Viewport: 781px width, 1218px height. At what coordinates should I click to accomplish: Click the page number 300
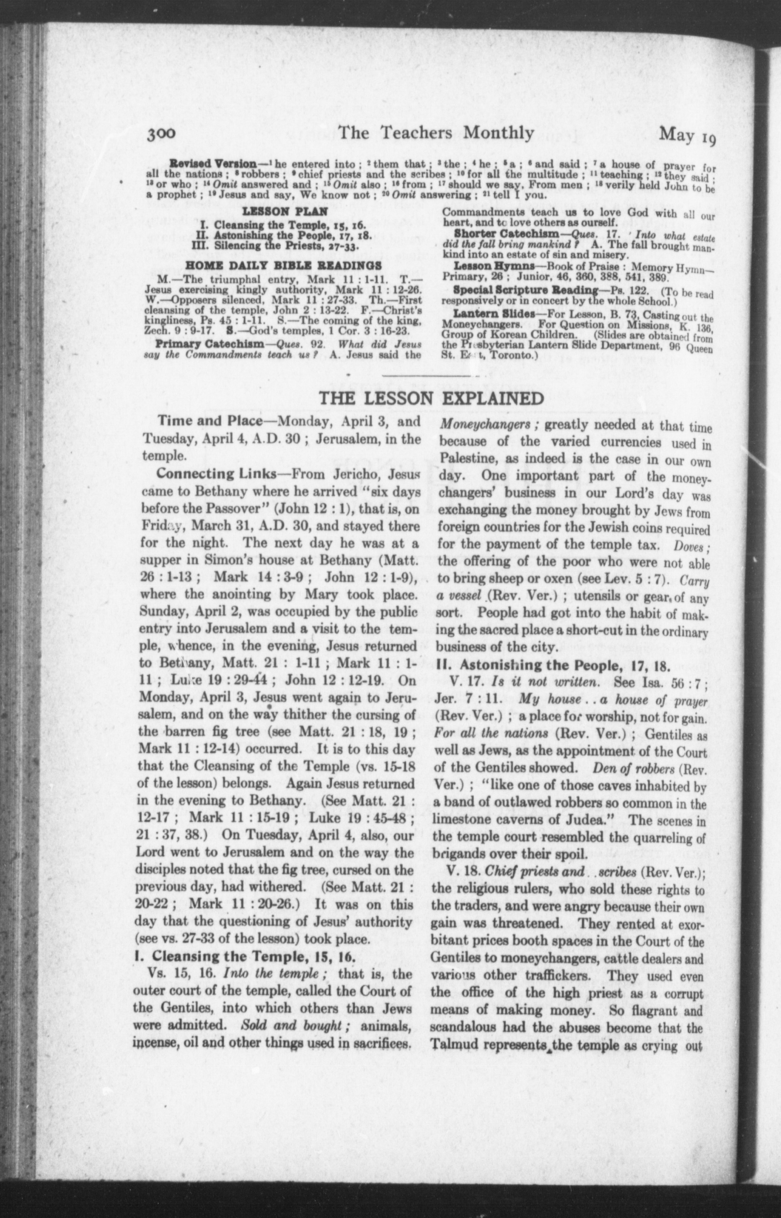[161, 133]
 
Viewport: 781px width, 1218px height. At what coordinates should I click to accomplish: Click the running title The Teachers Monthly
[436, 133]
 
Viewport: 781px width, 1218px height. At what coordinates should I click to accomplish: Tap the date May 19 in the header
[687, 135]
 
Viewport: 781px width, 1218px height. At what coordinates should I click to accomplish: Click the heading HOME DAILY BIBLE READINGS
[284, 265]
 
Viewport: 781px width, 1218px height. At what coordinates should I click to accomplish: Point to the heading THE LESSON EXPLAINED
[431, 399]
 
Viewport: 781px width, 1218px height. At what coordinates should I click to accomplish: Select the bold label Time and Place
[209, 421]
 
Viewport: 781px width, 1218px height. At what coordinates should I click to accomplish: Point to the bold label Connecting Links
[215, 474]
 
